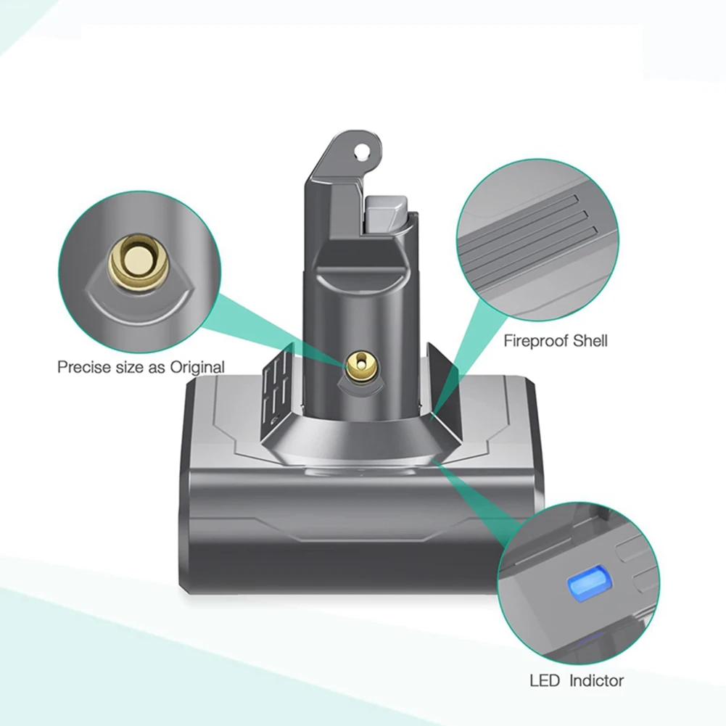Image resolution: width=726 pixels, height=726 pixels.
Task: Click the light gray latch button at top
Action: pyautogui.click(x=389, y=211)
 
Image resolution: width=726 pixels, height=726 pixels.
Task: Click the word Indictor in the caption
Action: pyautogui.click(x=597, y=680)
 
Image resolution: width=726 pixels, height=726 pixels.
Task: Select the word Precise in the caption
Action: pyautogui.click(x=81, y=367)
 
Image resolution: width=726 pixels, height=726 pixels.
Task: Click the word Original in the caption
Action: pyautogui.click(x=197, y=367)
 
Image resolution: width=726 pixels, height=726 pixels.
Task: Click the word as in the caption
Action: pyautogui.click(x=158, y=367)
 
